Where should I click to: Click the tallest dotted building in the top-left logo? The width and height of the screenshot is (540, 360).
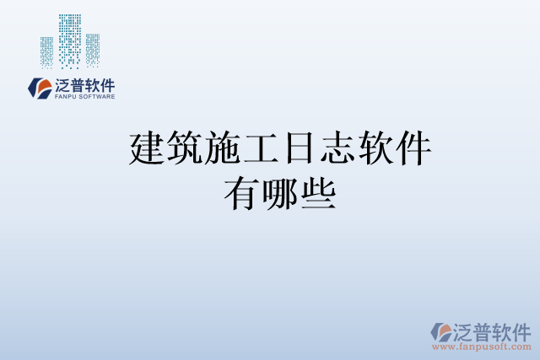point(70,40)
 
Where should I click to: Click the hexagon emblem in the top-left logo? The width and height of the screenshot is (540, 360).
point(40,88)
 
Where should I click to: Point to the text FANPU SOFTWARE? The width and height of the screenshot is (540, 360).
point(84,97)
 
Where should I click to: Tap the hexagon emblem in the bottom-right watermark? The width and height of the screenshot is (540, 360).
point(441,331)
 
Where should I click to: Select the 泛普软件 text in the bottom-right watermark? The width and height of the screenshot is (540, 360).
point(492,330)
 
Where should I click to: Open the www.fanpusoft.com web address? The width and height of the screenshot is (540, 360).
point(481,347)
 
